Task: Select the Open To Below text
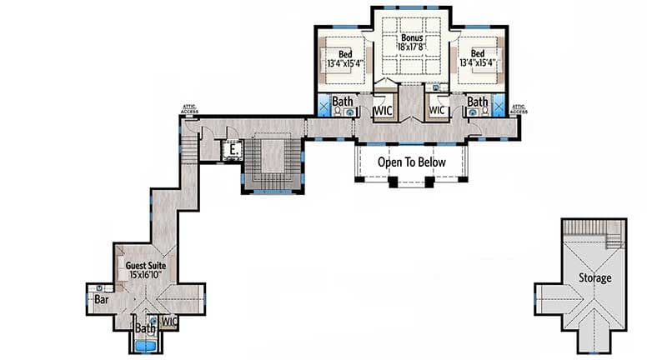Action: coord(412,162)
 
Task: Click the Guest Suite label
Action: coord(146,265)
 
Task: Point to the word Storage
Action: coord(595,278)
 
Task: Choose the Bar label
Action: coord(102,298)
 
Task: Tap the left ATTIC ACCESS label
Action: coord(190,108)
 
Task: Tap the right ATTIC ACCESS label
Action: coord(519,108)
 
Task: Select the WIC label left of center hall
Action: coord(383,110)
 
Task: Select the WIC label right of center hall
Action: coord(437,109)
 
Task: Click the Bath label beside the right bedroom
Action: coord(477,102)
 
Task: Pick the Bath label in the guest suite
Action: coord(145,329)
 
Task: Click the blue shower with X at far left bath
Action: coord(323,105)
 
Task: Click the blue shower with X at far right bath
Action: coord(499,105)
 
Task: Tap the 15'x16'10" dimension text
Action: coord(146,275)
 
